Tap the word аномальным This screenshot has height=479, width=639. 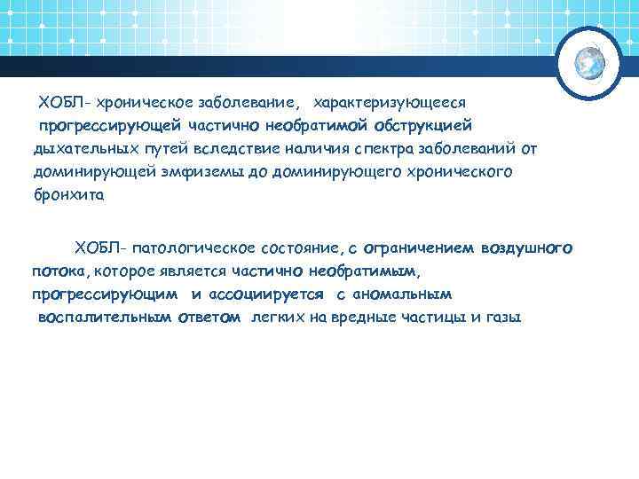pyautogui.click(x=401, y=293)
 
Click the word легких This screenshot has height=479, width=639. pyautogui.click(x=276, y=316)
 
